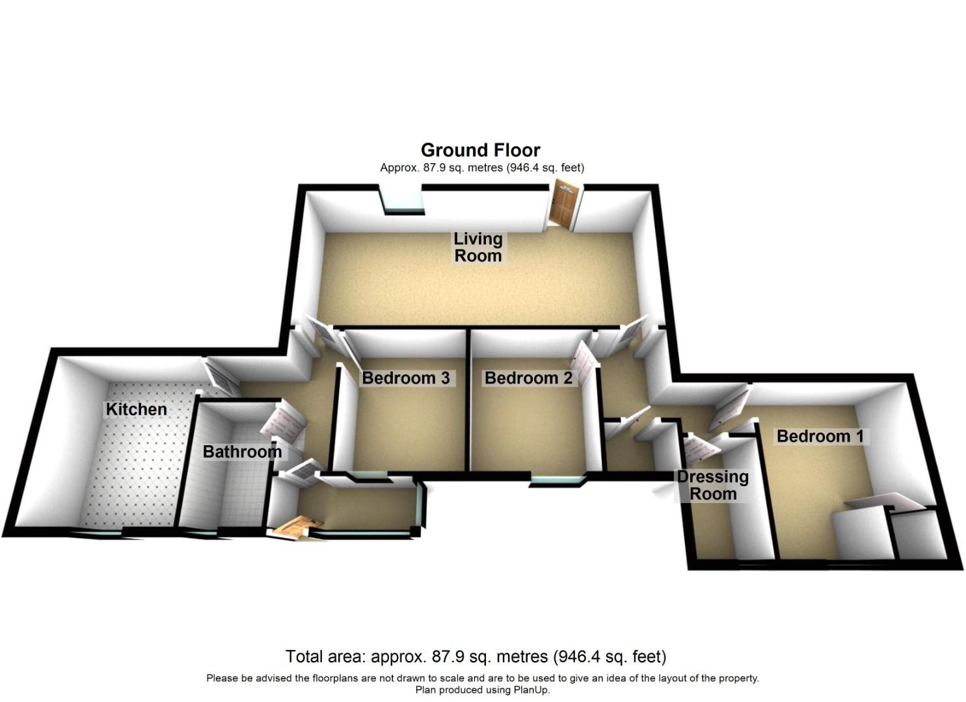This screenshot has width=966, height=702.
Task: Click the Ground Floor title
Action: point(480,150)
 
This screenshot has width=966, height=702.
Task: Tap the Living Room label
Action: point(478,247)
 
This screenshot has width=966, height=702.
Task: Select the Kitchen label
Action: point(137,409)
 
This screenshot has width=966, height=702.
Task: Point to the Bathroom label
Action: point(242,451)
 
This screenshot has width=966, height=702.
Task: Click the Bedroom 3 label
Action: point(405,378)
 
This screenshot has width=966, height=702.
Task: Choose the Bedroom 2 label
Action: point(528,378)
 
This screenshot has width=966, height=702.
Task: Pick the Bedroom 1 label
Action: point(820,435)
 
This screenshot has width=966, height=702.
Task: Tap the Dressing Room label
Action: point(713,485)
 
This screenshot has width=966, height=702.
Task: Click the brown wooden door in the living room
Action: point(563,205)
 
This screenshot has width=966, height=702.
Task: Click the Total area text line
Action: point(476,656)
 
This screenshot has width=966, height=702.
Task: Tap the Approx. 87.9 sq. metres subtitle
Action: point(482,168)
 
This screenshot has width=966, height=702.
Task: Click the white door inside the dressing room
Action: point(698,448)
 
